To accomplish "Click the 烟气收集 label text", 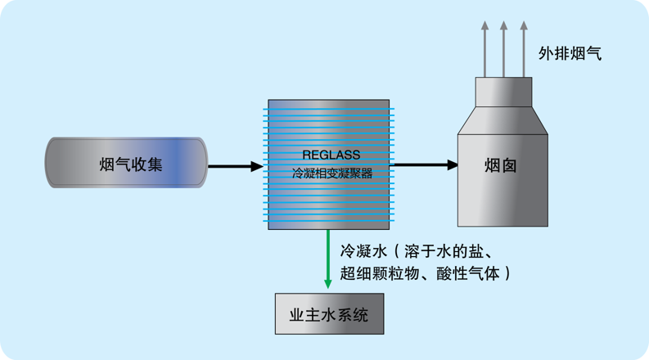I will tap(130, 164).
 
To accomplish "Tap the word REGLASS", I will tap(331, 155).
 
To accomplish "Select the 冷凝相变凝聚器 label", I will tap(331, 173).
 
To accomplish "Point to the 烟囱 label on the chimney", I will tap(500, 165).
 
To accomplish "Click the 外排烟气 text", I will tap(570, 54).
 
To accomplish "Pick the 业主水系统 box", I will tap(329, 313).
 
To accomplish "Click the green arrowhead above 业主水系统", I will tap(328, 283).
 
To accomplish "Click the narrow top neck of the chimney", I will tap(503, 92).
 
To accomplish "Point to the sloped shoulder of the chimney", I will tap(503, 121).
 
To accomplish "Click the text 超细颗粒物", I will tap(375, 272).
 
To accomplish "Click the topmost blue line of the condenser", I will tap(331, 109).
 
